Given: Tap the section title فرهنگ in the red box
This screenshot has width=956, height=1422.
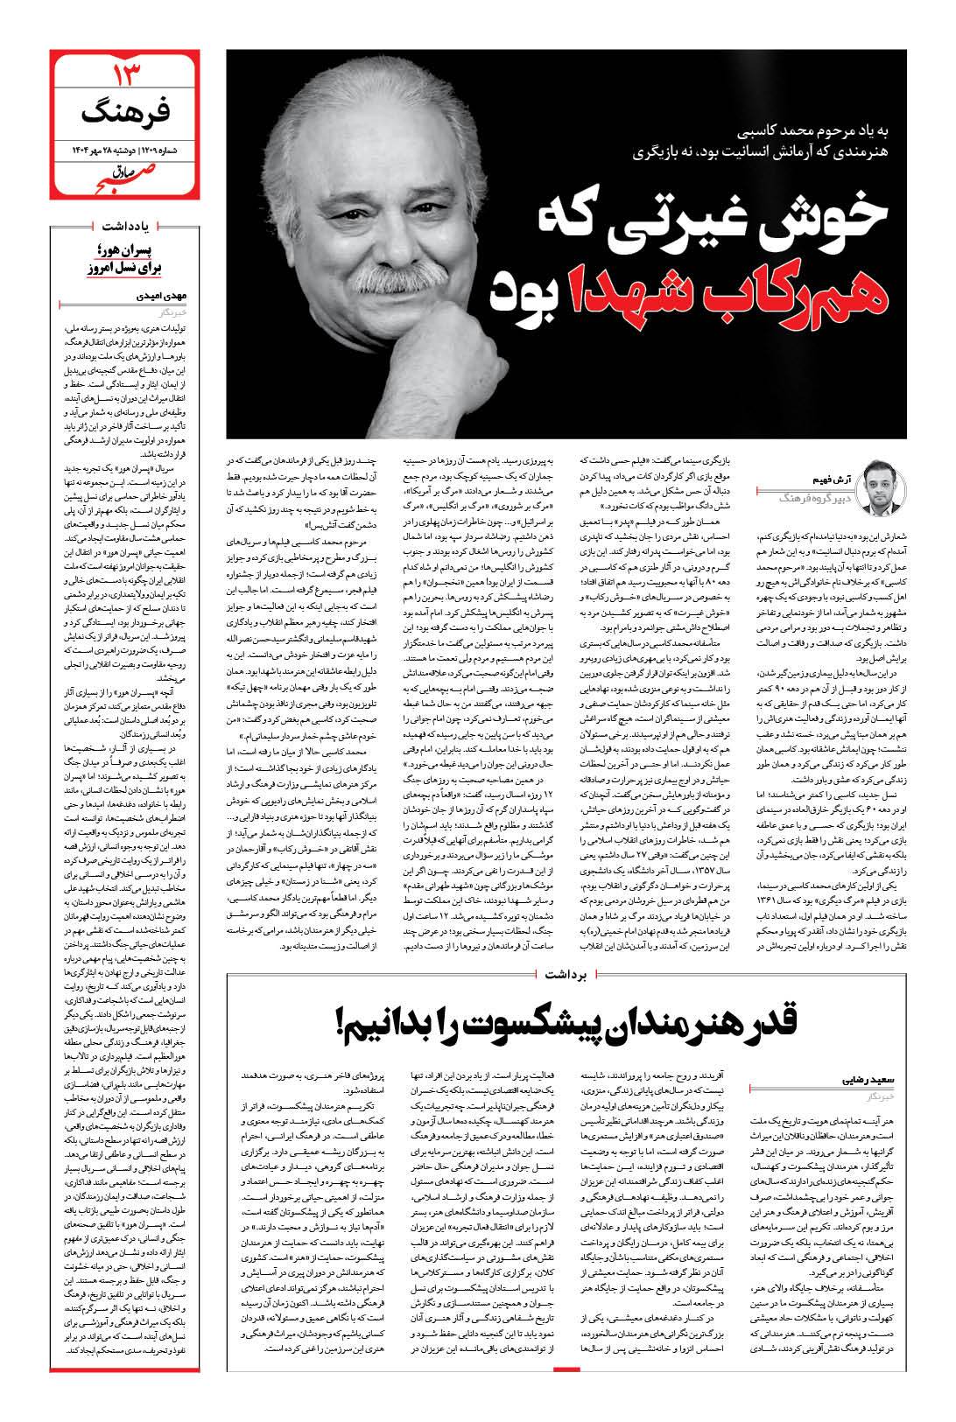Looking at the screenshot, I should (x=128, y=114).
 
